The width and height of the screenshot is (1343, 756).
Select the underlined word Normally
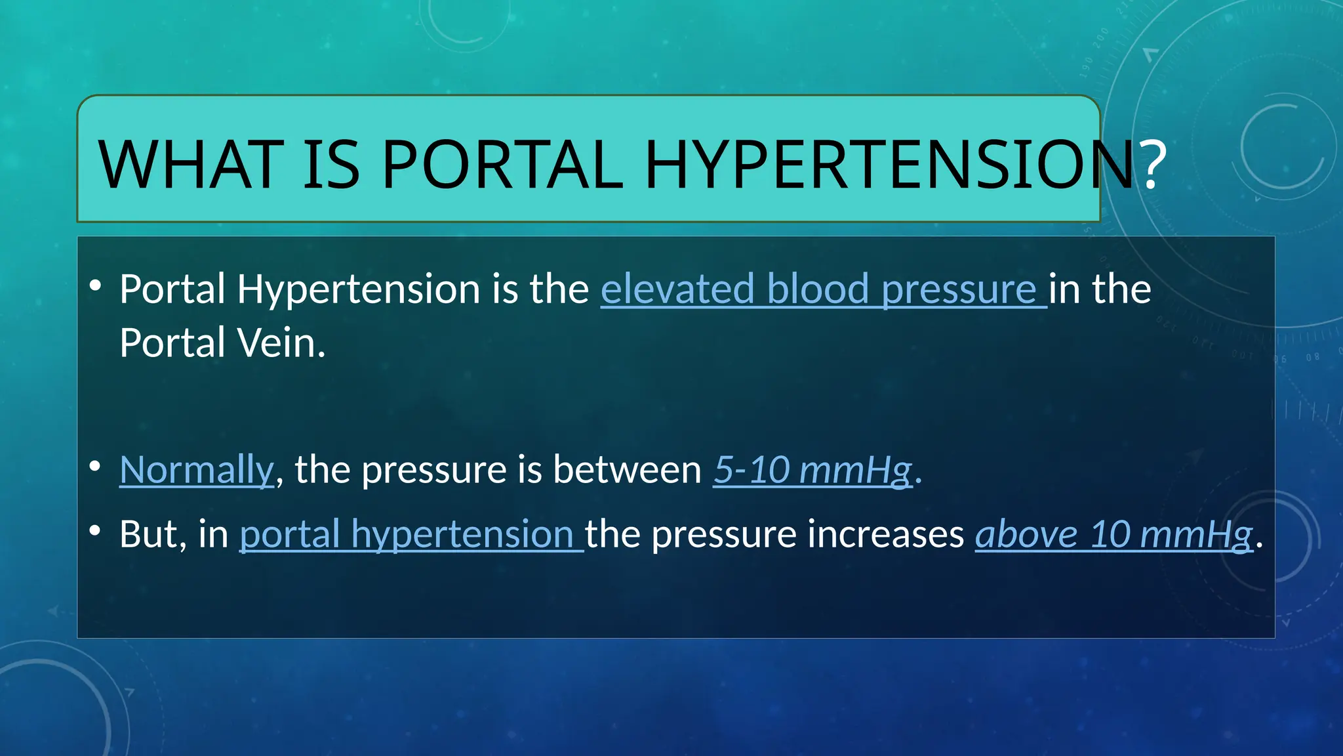[x=196, y=470]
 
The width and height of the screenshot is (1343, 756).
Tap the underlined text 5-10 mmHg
[x=812, y=470]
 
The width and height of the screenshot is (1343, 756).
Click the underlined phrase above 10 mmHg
[x=1113, y=534]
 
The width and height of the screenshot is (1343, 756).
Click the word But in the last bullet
[x=149, y=534]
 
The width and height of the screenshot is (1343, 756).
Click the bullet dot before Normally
[x=96, y=466]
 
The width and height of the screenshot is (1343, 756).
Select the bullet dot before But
[x=96, y=530]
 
